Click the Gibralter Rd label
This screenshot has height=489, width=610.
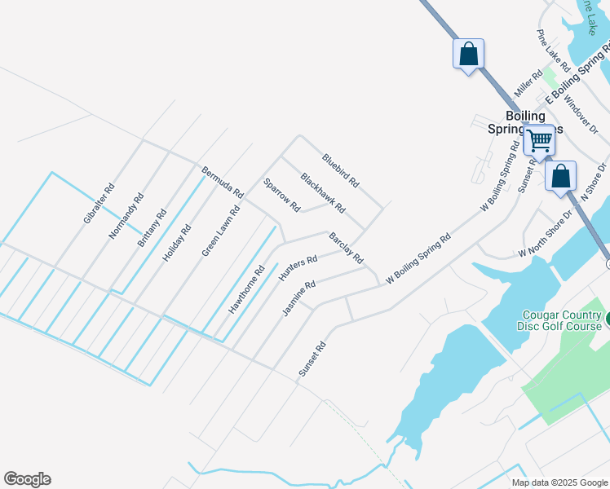coord(98,204)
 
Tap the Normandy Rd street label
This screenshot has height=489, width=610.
coord(126,216)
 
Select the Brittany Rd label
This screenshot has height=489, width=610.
coord(152,227)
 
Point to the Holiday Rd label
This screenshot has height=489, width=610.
coord(176,242)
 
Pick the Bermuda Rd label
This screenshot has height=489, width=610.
coord(223,183)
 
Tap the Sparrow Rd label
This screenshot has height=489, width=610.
coord(282,196)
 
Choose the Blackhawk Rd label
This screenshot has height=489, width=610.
coord(323,192)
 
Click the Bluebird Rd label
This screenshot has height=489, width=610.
coord(340,170)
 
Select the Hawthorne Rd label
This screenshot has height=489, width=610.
coord(247,290)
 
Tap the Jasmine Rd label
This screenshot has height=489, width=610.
coord(298,298)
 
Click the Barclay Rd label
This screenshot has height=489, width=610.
coord(346,248)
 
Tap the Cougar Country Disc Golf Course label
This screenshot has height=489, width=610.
coord(560,320)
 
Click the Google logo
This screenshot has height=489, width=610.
coord(27,479)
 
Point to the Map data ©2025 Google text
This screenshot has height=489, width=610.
coord(559,482)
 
